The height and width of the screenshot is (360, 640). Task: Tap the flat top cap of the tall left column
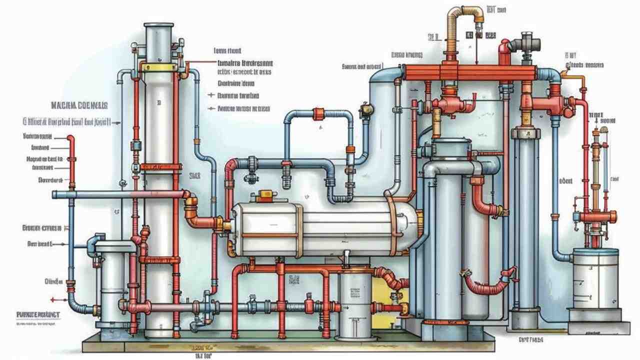[x=159, y=25]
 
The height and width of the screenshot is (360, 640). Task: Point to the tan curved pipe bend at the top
[x=458, y=15]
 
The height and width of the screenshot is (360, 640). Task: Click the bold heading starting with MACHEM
[x=79, y=105]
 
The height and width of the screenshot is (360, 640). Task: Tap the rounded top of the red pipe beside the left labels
[x=71, y=138]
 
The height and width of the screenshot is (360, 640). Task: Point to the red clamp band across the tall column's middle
[x=159, y=167]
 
